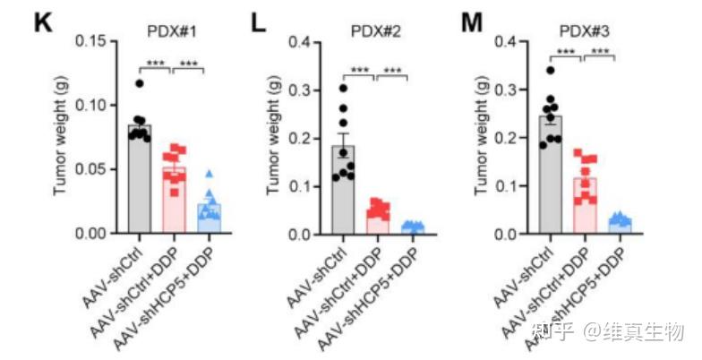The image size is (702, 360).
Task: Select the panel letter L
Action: (x=260, y=21)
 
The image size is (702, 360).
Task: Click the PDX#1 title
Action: (x=172, y=30)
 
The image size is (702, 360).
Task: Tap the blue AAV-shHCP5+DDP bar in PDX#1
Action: (x=210, y=219)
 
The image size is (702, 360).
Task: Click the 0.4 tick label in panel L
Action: (x=308, y=41)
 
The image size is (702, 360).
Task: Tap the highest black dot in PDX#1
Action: (x=139, y=84)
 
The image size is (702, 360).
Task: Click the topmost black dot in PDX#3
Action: (x=550, y=70)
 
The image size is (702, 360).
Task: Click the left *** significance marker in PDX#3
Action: (x=566, y=52)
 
